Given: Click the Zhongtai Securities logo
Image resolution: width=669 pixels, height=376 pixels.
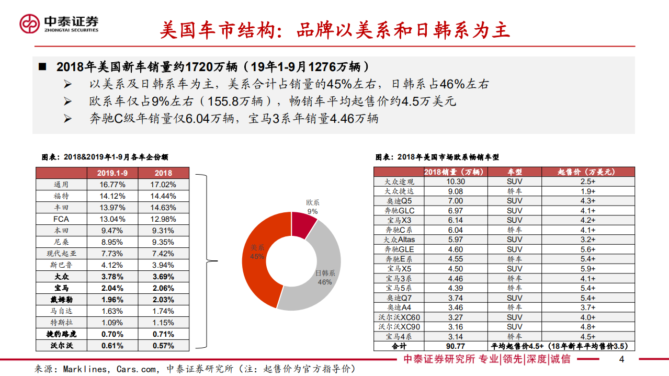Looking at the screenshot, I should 59,22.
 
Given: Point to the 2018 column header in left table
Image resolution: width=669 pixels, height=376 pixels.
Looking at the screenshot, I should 164,173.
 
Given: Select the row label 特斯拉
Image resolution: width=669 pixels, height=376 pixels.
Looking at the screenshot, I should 61,323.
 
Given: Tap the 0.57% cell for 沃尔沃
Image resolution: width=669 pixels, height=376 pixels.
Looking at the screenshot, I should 164,346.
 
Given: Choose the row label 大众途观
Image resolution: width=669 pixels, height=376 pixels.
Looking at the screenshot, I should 399,181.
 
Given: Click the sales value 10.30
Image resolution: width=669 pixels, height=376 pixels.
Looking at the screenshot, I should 456,181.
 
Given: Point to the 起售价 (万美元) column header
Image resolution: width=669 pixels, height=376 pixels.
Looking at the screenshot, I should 587,172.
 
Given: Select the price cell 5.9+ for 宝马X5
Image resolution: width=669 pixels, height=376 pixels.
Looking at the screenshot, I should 587,269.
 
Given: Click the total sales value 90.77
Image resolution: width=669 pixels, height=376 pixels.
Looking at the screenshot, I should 456,346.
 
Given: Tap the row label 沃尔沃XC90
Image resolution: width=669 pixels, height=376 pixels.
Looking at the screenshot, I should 399,327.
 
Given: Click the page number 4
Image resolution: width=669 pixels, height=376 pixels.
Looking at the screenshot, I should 621,359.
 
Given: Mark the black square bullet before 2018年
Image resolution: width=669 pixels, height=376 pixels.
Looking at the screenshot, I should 43,67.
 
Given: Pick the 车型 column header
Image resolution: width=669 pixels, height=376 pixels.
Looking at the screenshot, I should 514,172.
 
